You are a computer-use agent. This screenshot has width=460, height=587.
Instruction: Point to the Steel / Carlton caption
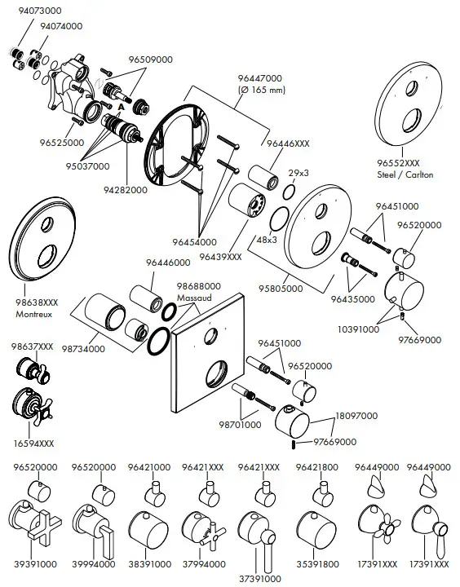405,174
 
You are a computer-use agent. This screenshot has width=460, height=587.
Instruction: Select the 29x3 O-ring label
299,174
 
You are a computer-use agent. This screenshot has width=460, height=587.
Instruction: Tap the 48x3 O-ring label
268,241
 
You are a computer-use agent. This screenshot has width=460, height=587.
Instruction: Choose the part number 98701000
239,425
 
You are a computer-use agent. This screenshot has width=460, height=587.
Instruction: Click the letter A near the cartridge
121,108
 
